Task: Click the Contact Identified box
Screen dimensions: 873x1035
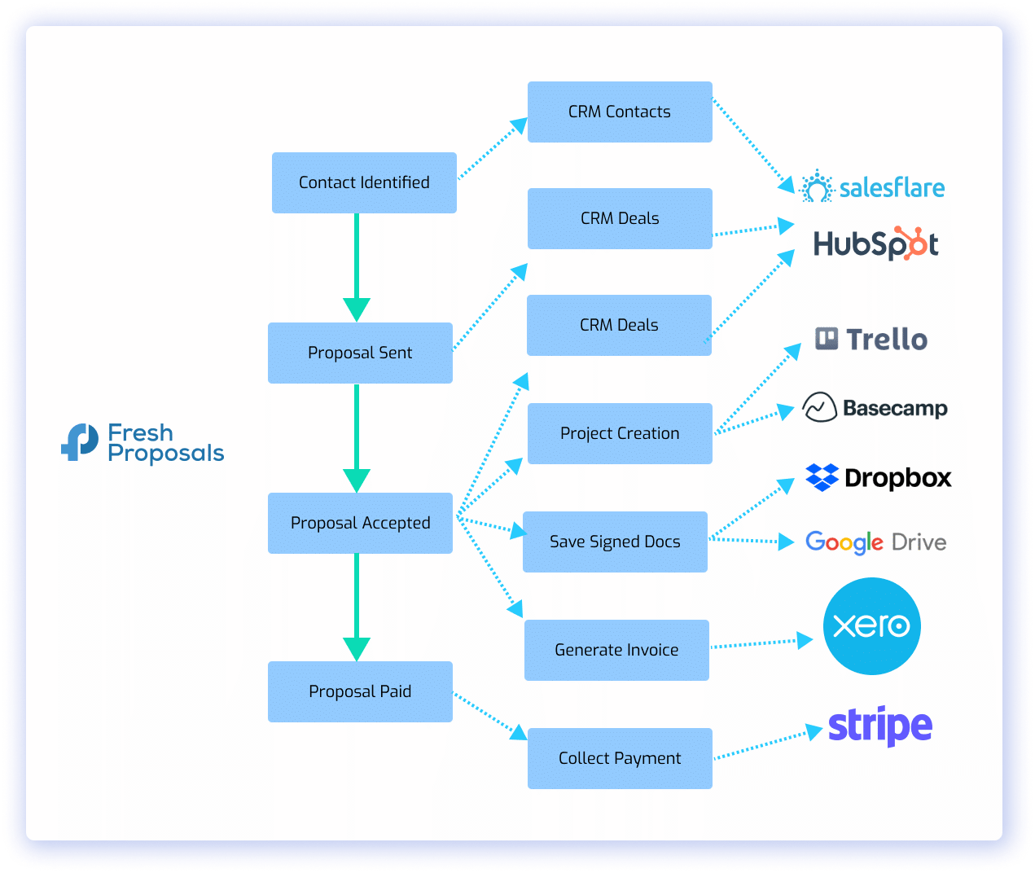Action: coord(364,183)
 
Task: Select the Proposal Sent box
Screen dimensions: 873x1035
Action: coord(360,353)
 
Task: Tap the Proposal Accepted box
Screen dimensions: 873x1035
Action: coord(360,523)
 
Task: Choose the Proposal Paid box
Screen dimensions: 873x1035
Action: coord(360,691)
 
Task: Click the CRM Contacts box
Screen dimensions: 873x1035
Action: coord(619,112)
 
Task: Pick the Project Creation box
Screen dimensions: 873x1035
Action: coord(619,433)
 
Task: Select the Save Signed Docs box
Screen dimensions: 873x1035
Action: coord(615,542)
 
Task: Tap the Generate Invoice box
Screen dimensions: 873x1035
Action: coord(616,650)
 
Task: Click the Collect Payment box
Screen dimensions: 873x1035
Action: coord(619,758)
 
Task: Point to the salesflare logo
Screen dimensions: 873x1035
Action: coord(872,188)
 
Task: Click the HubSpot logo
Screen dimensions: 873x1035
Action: coord(875,243)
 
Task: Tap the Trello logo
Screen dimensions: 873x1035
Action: coord(871,339)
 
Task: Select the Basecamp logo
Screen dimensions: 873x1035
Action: coord(875,407)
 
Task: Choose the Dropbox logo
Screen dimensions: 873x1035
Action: coord(878,478)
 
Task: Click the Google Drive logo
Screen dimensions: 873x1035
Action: coord(875,542)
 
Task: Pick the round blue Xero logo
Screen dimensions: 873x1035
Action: coord(871,626)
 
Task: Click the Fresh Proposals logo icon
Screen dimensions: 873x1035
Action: coord(80,442)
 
